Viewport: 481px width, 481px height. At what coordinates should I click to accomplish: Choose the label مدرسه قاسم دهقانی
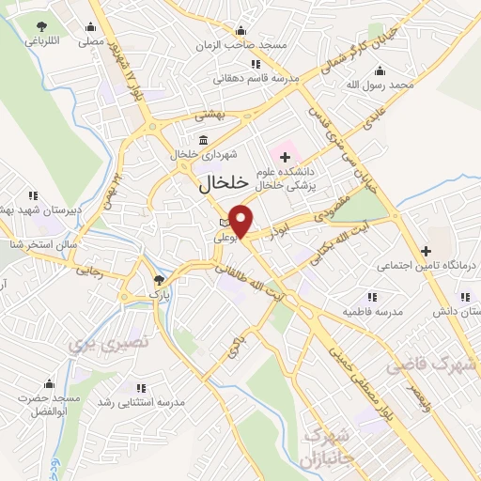point(260,79)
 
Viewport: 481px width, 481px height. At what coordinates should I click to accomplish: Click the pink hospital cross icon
point(286,153)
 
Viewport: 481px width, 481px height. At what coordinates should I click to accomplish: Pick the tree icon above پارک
point(159,279)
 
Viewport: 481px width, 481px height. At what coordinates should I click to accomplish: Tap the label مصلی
point(91,41)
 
